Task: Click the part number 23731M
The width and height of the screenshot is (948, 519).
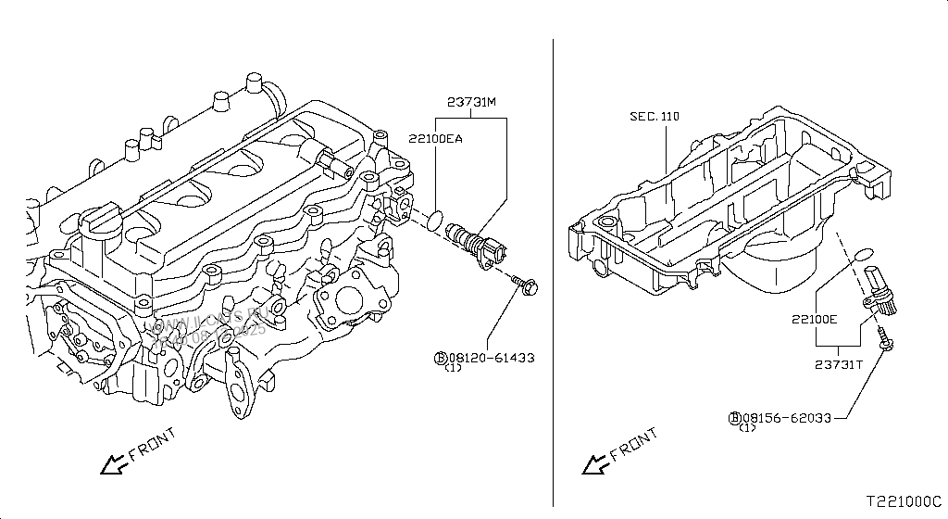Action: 474,104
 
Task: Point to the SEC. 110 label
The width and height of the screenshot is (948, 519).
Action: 655,117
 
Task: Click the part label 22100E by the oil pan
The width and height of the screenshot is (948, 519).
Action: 814,319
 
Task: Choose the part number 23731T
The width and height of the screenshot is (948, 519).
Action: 839,364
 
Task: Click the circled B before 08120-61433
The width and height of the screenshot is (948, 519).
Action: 440,357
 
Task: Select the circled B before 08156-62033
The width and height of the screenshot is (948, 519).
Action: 734,418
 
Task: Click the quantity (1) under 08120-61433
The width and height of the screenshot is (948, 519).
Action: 452,368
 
